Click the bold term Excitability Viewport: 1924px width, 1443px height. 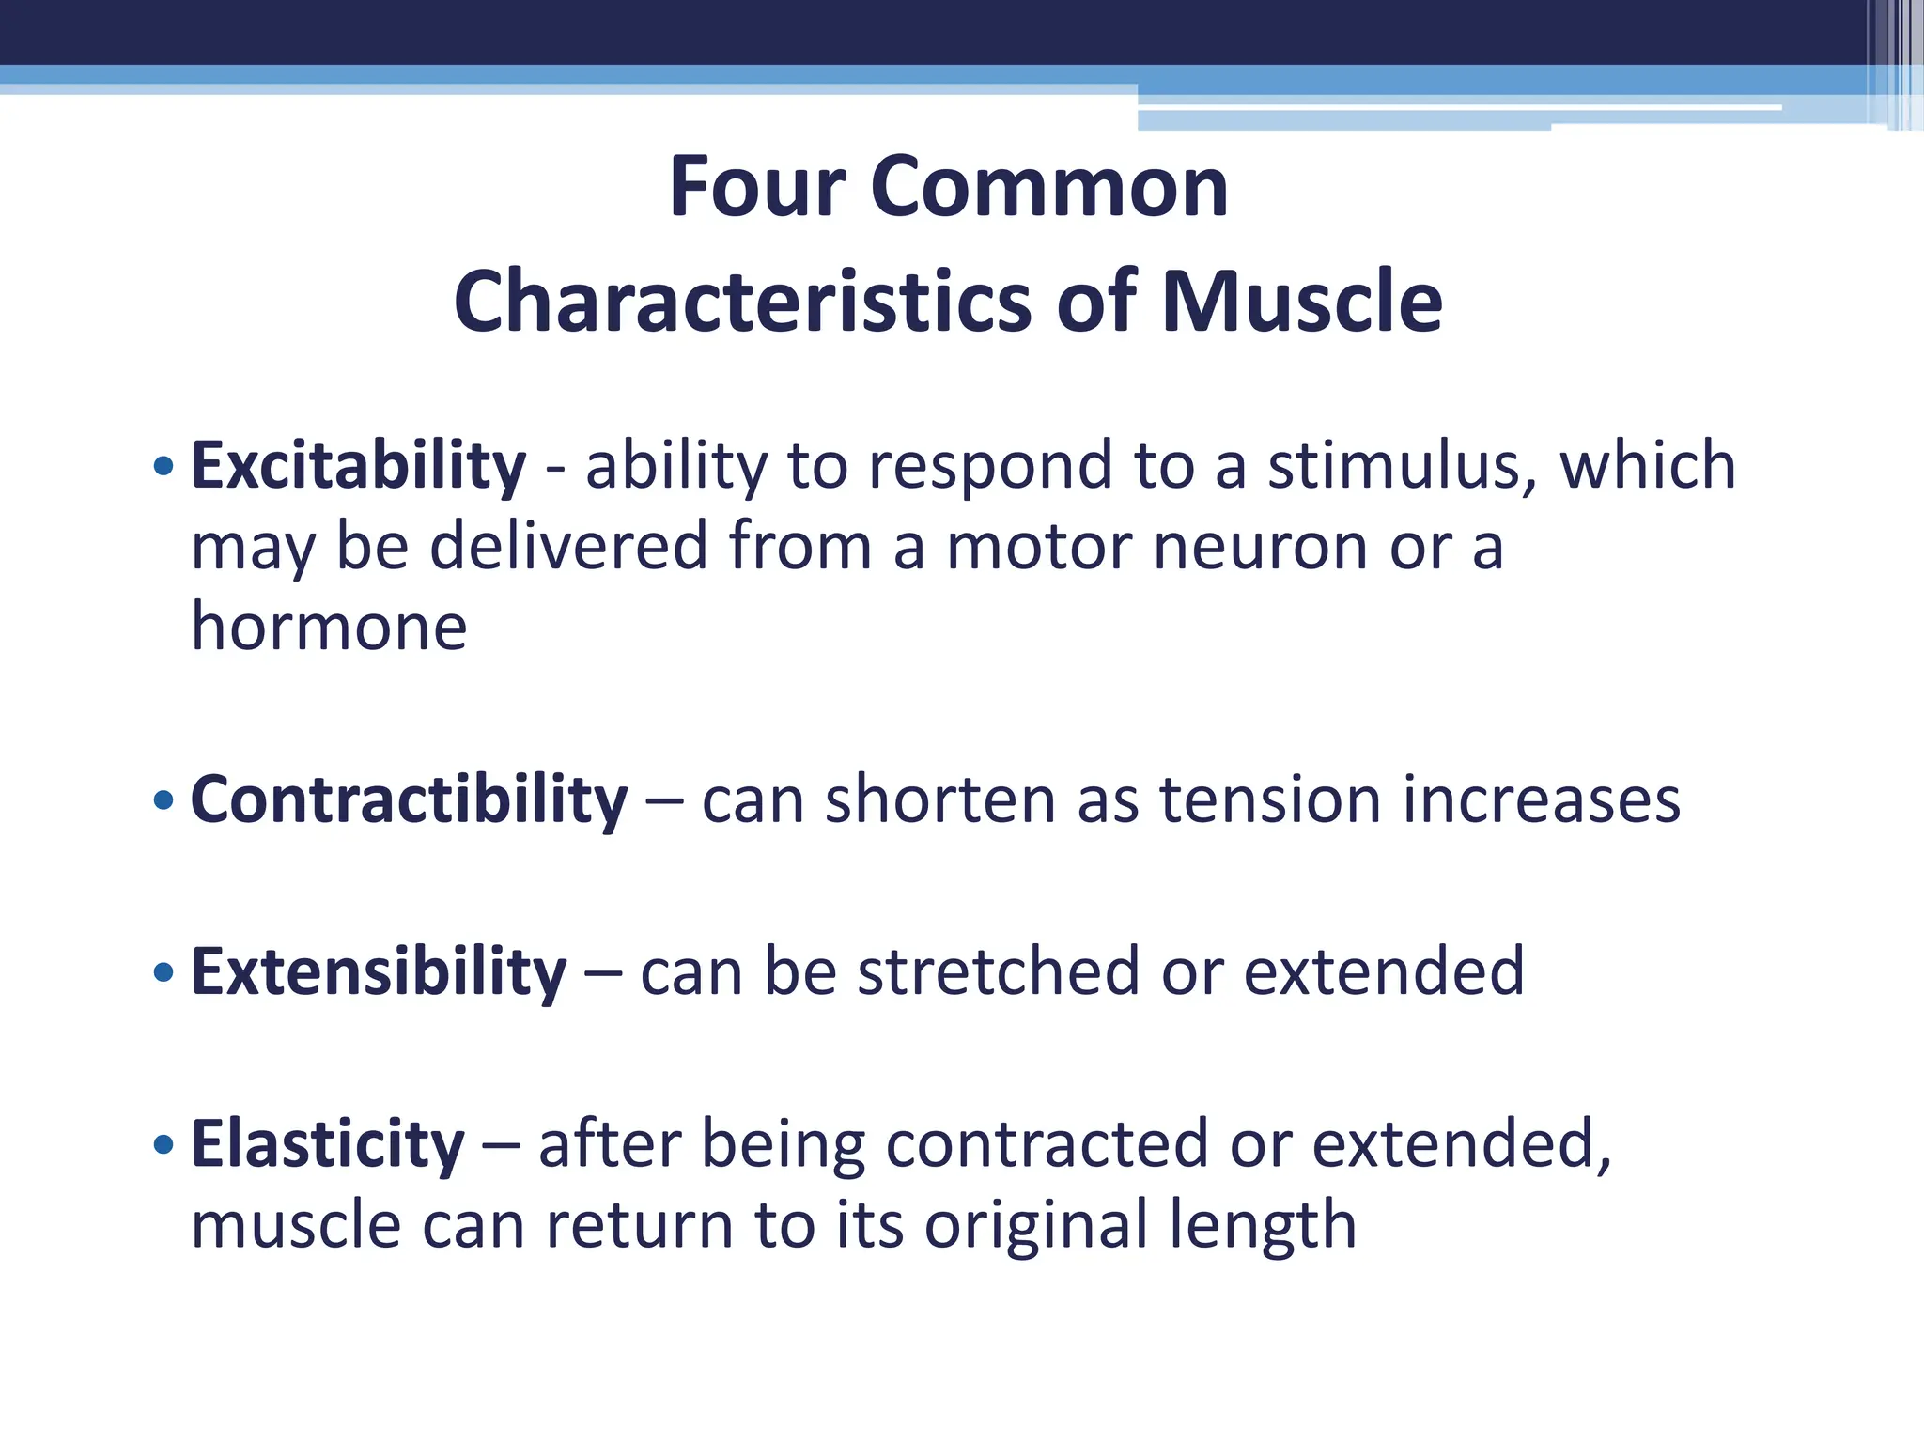pos(358,466)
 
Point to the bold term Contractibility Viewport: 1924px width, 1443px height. pos(409,800)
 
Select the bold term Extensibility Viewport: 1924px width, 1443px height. pos(379,971)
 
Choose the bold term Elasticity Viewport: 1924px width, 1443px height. pos(328,1144)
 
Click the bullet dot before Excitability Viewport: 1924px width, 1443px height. pos(163,465)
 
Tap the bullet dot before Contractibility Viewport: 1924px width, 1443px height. pos(163,800)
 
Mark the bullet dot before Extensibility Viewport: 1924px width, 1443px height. pos(163,972)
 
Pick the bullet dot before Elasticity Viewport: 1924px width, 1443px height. pos(163,1144)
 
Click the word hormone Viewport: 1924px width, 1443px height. pos(329,628)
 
